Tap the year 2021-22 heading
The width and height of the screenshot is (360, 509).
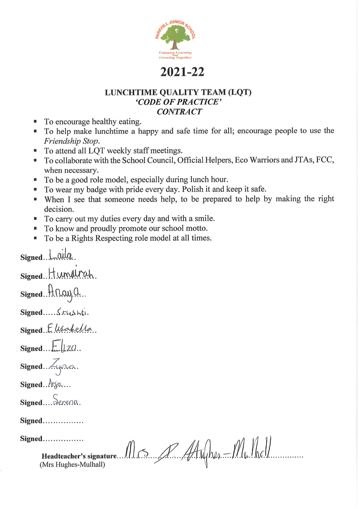(x=182, y=72)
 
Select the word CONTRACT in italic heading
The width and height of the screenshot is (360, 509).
(x=179, y=112)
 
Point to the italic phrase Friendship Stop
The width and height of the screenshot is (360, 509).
(x=72, y=141)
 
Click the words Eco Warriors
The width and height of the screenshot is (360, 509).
(x=264, y=160)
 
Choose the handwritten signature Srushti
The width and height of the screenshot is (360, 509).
(x=72, y=312)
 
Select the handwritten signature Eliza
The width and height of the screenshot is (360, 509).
(x=64, y=347)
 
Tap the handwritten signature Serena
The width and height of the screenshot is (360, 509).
(x=66, y=401)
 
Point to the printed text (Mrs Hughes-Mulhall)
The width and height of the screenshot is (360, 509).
(x=72, y=465)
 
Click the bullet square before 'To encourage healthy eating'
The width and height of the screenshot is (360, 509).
(x=35, y=122)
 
